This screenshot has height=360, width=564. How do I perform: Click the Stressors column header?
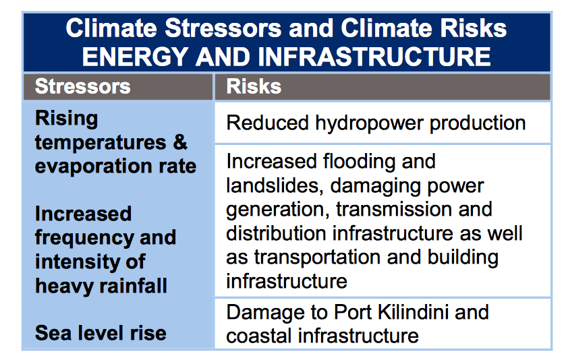[x=82, y=86]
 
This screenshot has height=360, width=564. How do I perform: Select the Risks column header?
[x=254, y=86]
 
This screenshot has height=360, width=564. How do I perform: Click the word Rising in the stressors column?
[x=66, y=119]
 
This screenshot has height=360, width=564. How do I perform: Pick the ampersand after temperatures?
[x=179, y=142]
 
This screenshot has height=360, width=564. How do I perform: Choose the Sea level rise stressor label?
[x=101, y=332]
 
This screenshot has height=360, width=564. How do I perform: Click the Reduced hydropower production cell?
[x=376, y=123]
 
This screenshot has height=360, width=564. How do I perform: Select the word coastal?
[x=260, y=335]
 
